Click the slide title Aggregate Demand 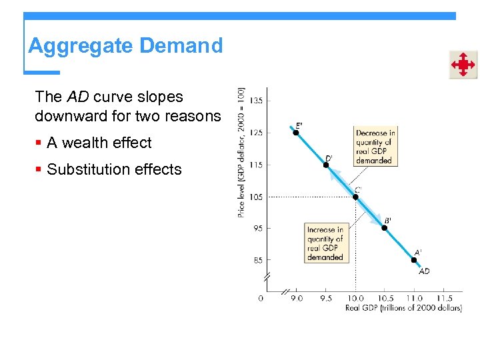125,46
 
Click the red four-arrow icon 462,65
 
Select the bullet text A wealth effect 99,143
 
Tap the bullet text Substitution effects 114,169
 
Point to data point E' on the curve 296,132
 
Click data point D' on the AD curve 326,165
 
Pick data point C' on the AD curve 355,197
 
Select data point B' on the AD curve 384,228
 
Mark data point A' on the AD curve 414,260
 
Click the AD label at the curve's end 424,271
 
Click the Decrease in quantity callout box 375,147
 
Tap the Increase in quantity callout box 325,243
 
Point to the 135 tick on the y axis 256,101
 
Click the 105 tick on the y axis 256,197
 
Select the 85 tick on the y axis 257,260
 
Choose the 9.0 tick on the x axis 296,299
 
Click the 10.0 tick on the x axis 355,299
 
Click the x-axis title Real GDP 403,308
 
